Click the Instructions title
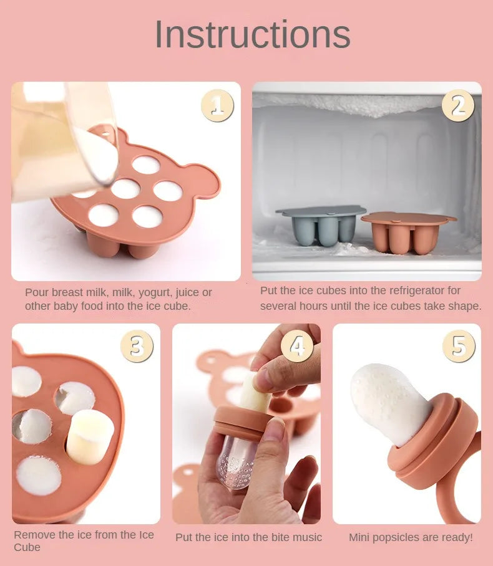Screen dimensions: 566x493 pos(252,34)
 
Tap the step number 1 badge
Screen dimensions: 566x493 pos(217,105)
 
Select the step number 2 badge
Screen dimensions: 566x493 pos(457,105)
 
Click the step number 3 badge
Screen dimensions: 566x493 pos(137,346)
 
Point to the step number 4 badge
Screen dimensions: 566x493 pos(297,346)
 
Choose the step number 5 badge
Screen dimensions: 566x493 pos(459,346)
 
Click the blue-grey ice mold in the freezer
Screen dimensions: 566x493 pos(321,226)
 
